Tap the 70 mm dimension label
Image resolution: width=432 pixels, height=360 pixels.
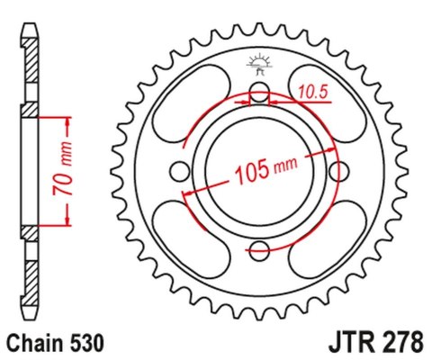pos(52,171)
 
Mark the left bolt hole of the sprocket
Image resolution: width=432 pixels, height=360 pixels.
pos(179,171)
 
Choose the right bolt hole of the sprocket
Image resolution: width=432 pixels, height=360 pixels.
pos(340,171)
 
